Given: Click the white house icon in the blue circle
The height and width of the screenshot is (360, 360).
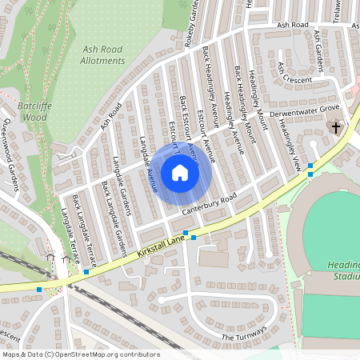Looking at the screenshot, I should click(x=180, y=173).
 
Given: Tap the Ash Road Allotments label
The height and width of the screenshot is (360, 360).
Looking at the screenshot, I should click(x=103, y=54).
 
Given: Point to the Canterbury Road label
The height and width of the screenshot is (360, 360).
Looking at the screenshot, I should click(x=210, y=204).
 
